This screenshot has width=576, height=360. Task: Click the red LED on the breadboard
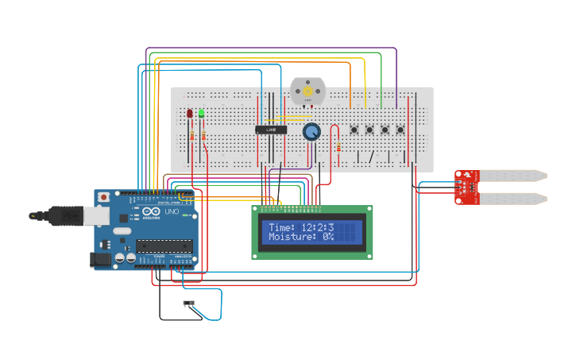click(x=190, y=114)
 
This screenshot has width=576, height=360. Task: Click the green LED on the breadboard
click(x=201, y=114)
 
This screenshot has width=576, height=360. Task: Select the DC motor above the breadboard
click(x=306, y=91)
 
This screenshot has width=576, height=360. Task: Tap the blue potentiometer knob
click(x=311, y=132)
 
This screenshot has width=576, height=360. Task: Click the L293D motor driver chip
click(x=271, y=129)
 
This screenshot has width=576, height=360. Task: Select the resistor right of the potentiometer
click(x=339, y=146)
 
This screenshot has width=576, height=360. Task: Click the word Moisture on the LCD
click(x=291, y=237)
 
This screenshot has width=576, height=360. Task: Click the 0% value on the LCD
click(x=328, y=237)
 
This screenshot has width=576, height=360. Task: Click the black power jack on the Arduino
click(x=100, y=258)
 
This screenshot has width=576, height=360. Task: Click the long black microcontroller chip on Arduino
click(x=164, y=246)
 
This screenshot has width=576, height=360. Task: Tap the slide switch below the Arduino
click(x=189, y=303)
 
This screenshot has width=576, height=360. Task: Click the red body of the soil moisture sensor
click(x=466, y=187)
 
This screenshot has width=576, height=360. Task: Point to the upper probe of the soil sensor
click(x=512, y=175)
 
